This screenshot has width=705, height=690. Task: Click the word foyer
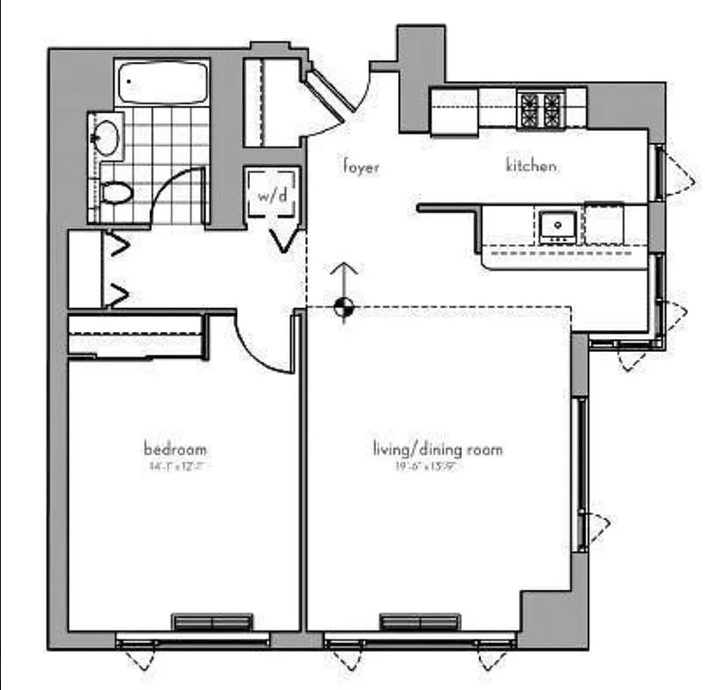(x=360, y=167)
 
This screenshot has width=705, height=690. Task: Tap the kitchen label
(x=530, y=166)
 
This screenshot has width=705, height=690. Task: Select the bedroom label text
(x=175, y=449)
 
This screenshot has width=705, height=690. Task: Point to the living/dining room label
(x=437, y=449)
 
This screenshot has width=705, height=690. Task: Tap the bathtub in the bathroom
(x=164, y=83)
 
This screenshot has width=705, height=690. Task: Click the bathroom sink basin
(x=107, y=136)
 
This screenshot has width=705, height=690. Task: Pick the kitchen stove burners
(x=540, y=109)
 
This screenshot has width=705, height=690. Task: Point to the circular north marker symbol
(x=343, y=306)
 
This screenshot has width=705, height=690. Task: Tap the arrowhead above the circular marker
(x=343, y=268)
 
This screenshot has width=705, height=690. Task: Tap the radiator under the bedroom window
(x=212, y=622)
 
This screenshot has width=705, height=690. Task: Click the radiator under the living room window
(x=420, y=622)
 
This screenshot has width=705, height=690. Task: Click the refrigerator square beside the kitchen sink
(x=603, y=223)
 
